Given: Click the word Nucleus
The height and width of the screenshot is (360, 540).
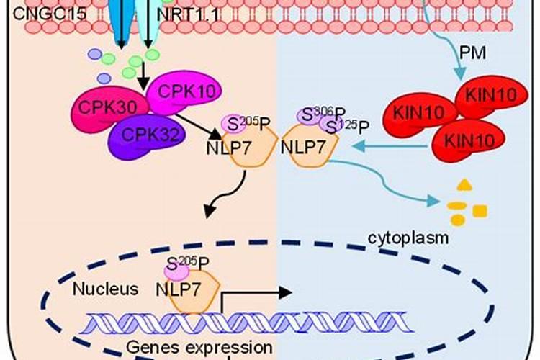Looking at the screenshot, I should coord(105,289).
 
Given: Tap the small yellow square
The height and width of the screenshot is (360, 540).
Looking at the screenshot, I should coord(480,210).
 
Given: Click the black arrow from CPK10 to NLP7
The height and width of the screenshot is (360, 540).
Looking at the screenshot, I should coord(199,122).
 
